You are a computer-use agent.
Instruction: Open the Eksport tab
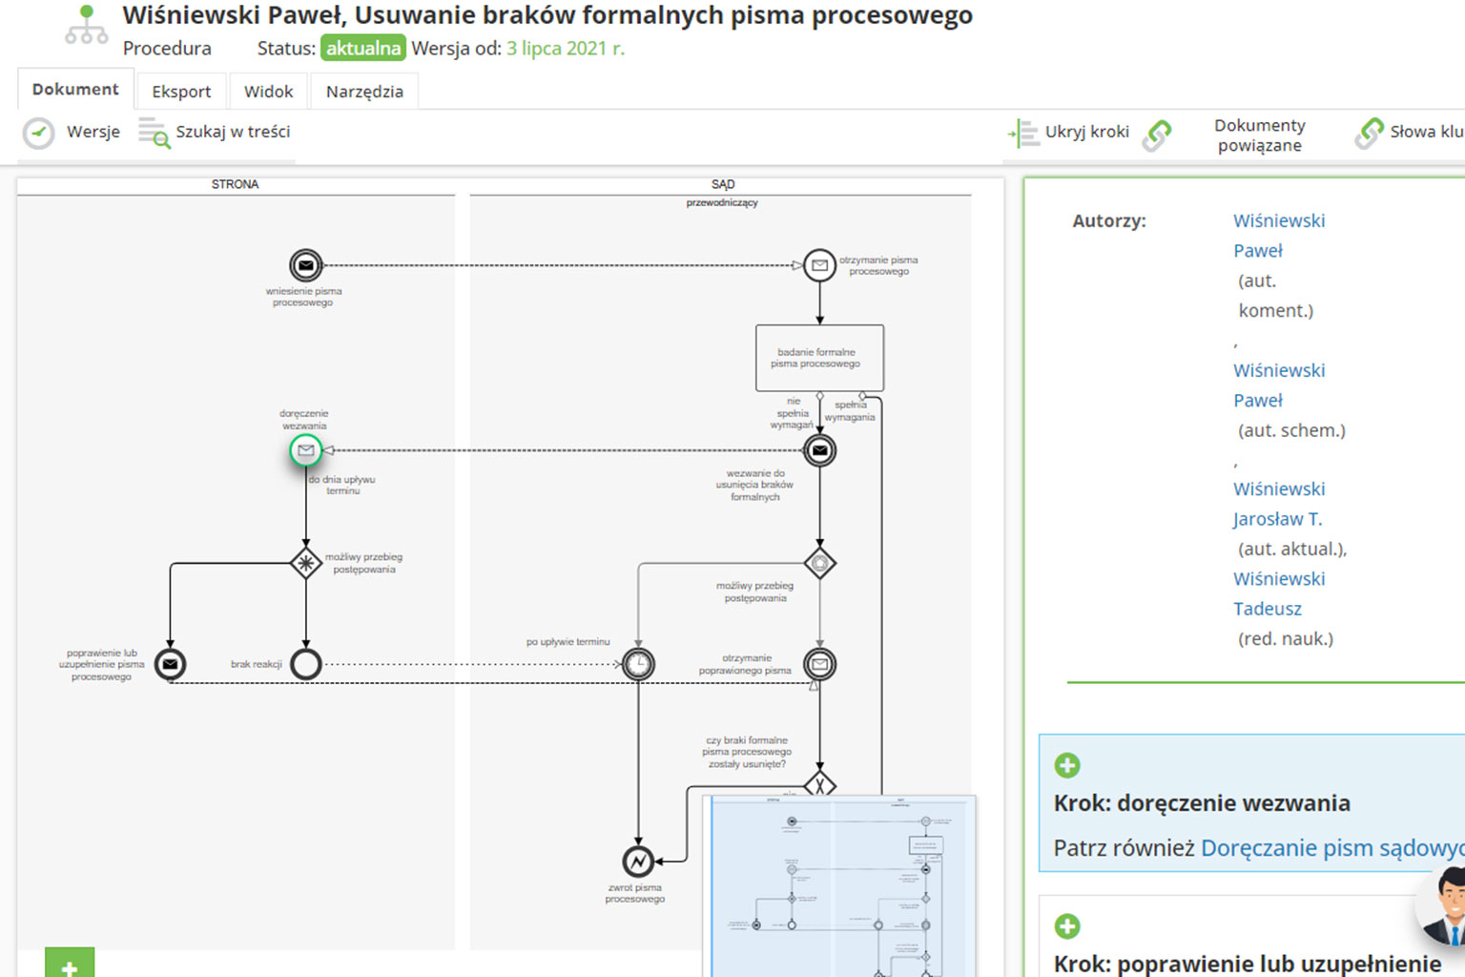pyautogui.click(x=181, y=92)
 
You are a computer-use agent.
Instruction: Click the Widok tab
pyautogui.click(x=268, y=92)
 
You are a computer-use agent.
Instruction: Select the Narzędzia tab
pyautogui.click(x=364, y=92)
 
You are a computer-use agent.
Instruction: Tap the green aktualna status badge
pyautogui.click(x=362, y=49)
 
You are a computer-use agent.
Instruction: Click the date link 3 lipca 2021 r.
pyautogui.click(x=565, y=49)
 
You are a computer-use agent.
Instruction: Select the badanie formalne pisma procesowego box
pyautogui.click(x=819, y=358)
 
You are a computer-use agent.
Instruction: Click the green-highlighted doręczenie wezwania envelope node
pyautogui.click(x=305, y=450)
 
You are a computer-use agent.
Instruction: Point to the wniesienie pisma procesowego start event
pyautogui.click(x=305, y=265)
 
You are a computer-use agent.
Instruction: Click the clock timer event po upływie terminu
pyautogui.click(x=638, y=664)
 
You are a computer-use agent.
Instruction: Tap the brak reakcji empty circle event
pyautogui.click(x=305, y=664)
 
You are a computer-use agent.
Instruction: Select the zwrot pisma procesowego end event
pyautogui.click(x=638, y=862)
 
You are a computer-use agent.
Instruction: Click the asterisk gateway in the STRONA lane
pyautogui.click(x=305, y=564)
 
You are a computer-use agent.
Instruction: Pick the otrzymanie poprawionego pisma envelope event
pyautogui.click(x=819, y=664)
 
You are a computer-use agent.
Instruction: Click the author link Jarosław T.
pyautogui.click(x=1277, y=519)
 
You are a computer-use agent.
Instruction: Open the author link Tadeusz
pyautogui.click(x=1267, y=609)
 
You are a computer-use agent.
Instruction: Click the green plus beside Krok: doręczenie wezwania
pyautogui.click(x=1067, y=765)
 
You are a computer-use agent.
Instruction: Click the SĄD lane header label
pyautogui.click(x=722, y=184)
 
